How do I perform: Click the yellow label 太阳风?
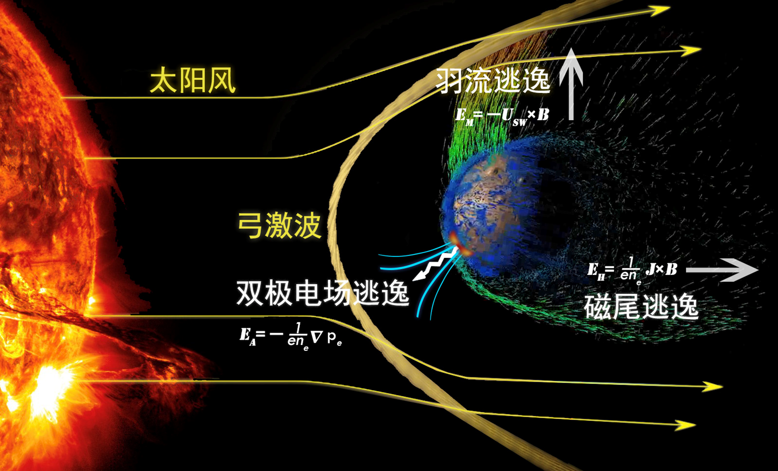pyautogui.click(x=193, y=80)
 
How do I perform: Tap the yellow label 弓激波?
pyautogui.click(x=279, y=225)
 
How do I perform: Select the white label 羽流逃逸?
pyautogui.click(x=493, y=81)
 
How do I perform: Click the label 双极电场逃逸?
pyautogui.click(x=322, y=293)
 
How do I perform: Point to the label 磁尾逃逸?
pyautogui.click(x=641, y=307)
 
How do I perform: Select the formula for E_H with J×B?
pyautogui.click(x=632, y=271)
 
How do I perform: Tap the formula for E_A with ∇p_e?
pyautogui.click(x=291, y=337)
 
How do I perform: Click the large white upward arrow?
pyautogui.click(x=571, y=84)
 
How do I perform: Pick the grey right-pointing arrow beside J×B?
pyautogui.click(x=722, y=270)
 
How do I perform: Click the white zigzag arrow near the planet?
pyautogui.click(x=435, y=264)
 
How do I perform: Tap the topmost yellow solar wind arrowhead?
pyautogui.click(x=658, y=11)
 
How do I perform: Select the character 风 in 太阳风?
pyautogui.click(x=222, y=80)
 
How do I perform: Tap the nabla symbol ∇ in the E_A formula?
pyautogui.click(x=317, y=337)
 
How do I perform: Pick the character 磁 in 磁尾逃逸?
pyautogui.click(x=597, y=307)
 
